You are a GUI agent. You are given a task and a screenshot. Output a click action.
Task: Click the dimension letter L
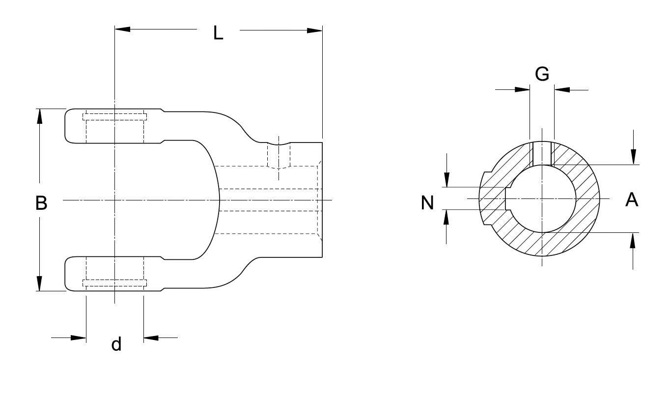218,33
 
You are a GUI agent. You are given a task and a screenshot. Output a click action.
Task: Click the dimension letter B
41,203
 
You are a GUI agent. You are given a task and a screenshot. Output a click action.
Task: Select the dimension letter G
542,74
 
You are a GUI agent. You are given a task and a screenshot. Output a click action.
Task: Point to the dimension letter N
427,203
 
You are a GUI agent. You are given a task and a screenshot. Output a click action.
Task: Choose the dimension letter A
632,199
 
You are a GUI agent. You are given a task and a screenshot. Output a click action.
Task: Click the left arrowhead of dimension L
123,29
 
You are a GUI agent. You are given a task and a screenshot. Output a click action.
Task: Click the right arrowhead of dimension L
315,30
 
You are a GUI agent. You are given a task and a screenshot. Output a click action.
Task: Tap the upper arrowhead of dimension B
39,116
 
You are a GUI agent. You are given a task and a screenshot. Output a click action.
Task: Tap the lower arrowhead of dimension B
39,283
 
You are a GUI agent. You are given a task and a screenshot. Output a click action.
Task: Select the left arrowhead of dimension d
79,338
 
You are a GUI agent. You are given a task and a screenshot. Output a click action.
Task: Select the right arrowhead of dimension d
151,338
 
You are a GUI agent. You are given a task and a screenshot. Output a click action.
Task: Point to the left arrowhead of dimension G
522,89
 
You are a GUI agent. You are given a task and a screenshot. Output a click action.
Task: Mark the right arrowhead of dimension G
562,89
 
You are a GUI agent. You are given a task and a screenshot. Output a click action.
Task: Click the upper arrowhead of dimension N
447,180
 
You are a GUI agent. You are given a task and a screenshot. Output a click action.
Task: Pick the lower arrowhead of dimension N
447,217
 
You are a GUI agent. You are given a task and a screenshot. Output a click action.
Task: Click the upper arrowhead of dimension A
633,157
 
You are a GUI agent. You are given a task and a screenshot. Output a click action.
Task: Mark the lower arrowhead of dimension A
632,240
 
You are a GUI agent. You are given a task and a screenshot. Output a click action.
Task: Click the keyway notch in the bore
508,198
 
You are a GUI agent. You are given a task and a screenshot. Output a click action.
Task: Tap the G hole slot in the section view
542,154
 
